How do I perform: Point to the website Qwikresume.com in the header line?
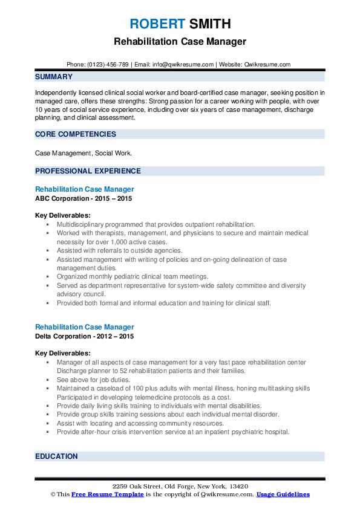click(x=267, y=64)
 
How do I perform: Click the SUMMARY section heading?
click(x=54, y=77)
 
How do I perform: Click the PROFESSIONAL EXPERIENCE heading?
click(x=88, y=171)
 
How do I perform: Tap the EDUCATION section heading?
click(x=56, y=456)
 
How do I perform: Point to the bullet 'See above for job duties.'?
click(x=94, y=380)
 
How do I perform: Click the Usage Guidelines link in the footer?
click(x=283, y=494)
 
